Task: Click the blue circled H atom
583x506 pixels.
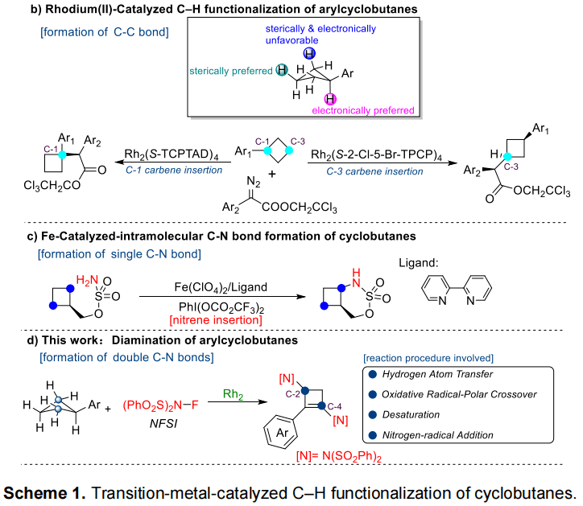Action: pos(309,53)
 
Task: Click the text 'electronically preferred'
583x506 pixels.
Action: pos(363,110)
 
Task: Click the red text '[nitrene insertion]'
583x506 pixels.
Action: pos(213,321)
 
